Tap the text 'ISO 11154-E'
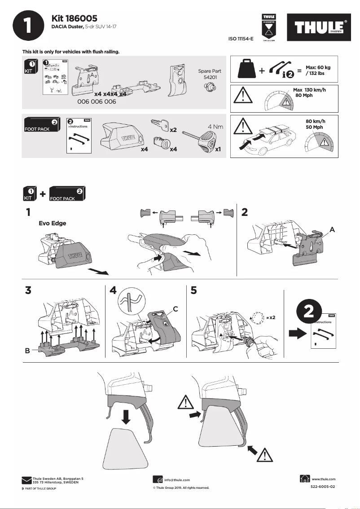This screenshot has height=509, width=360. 241,39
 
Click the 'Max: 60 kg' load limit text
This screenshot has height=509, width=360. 318,67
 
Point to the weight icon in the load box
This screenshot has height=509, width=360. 246,68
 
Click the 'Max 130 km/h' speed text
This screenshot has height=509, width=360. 309,90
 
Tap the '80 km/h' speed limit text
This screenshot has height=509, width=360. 315,121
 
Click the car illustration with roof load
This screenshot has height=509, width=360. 272,137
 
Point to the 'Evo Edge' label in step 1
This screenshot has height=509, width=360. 53,224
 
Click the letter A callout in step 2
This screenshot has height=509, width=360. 332,229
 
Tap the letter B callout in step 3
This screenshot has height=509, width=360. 28,351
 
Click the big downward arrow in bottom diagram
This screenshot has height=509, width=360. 126,415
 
